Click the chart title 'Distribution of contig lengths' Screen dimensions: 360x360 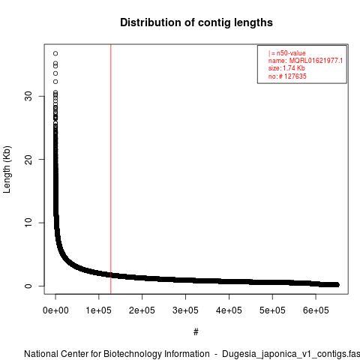click(x=196, y=22)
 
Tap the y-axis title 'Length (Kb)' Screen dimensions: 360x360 click(x=7, y=169)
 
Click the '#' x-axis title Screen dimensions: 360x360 click(x=196, y=332)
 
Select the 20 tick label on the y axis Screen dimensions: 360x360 click(x=28, y=160)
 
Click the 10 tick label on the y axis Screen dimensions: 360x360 click(x=28, y=223)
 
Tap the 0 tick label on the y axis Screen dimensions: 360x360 click(x=28, y=286)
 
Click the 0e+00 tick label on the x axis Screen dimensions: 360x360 click(x=55, y=310)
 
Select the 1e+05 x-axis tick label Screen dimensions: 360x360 click(x=99, y=310)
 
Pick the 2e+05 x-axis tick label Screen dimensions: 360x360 click(x=142, y=310)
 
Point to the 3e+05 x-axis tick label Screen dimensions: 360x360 click(x=185, y=310)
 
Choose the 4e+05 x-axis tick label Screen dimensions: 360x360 click(x=229, y=310)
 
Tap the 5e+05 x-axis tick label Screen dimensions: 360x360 click(x=272, y=310)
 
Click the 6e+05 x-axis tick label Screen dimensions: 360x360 click(x=316, y=310)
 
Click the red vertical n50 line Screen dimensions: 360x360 click(x=111, y=169)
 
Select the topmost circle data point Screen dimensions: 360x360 click(x=55, y=53)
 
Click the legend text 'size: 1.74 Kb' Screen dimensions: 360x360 click(x=286, y=68)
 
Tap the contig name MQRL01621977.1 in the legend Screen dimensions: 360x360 click(x=316, y=61)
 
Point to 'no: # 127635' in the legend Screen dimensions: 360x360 click(x=287, y=76)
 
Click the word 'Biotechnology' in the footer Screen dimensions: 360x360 click(x=131, y=354)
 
